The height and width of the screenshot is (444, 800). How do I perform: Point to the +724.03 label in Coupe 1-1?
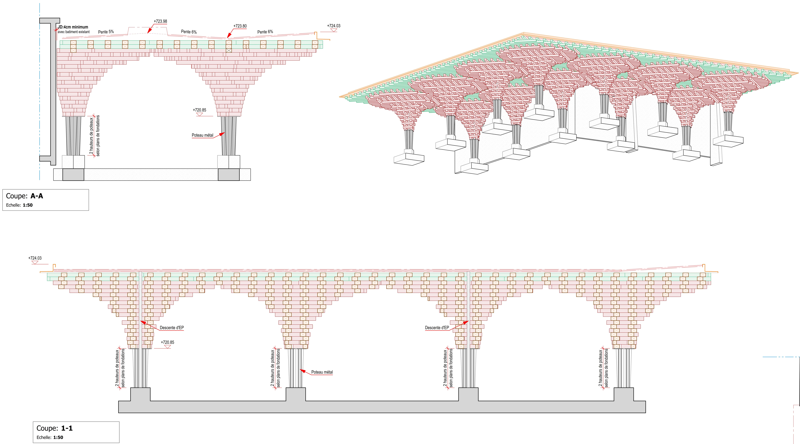[x=35, y=258]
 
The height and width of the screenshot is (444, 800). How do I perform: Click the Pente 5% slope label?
[x=106, y=32]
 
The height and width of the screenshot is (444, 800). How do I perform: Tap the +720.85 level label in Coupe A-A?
[x=199, y=110]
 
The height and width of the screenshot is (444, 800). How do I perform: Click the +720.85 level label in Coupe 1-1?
[x=167, y=342]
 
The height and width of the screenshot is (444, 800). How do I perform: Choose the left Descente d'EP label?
[x=172, y=328]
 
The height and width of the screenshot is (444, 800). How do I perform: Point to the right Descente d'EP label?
[x=437, y=328]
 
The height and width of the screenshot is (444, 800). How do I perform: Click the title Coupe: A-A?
[x=25, y=196]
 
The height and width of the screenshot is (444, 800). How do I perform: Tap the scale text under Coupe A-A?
[x=19, y=205]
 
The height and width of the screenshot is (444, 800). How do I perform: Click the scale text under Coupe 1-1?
[x=50, y=437]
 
